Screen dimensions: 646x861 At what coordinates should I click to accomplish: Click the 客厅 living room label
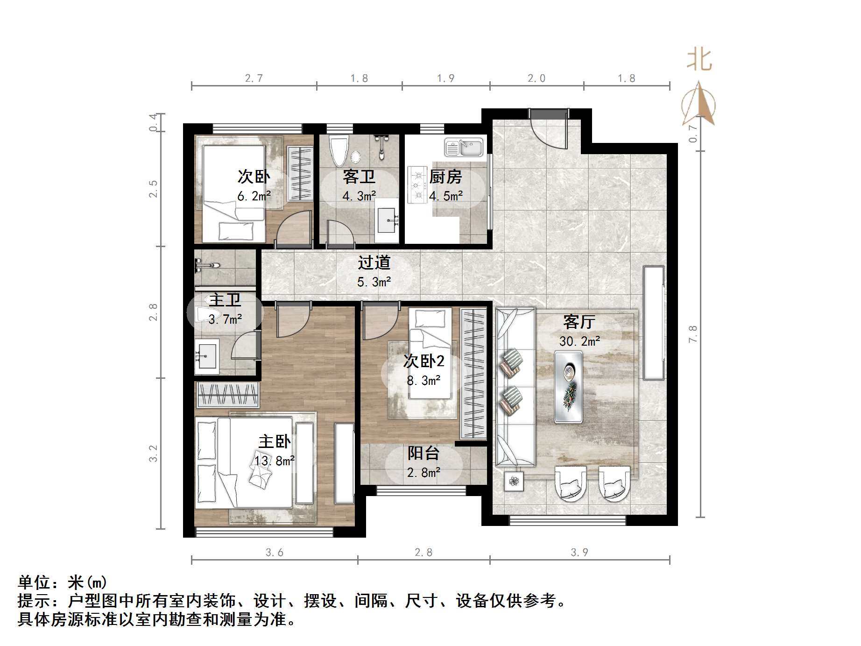(x=579, y=322)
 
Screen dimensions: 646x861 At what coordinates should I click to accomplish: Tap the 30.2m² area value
(x=579, y=341)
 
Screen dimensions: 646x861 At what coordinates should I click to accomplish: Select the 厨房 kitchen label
(x=445, y=177)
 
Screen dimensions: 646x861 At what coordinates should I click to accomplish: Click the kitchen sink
(x=464, y=147)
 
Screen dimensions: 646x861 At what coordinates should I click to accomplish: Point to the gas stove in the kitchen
(x=416, y=185)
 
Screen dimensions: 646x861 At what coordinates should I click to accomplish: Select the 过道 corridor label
(x=374, y=263)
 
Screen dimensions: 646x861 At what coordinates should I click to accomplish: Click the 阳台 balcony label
(x=423, y=453)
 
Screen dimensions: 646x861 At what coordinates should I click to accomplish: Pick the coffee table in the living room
(x=568, y=387)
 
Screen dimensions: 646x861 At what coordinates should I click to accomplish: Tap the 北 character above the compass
(x=699, y=60)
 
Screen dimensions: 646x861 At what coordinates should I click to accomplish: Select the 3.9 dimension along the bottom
(x=579, y=553)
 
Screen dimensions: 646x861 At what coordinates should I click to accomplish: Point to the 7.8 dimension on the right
(x=692, y=334)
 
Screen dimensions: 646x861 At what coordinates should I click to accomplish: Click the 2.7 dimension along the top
(x=254, y=78)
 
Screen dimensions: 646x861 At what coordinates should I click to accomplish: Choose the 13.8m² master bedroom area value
(x=275, y=461)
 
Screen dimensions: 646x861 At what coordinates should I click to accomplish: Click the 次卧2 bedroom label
(x=423, y=361)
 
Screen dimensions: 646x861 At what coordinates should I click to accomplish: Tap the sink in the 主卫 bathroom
(x=206, y=357)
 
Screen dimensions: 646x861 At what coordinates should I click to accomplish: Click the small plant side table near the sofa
(x=514, y=481)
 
